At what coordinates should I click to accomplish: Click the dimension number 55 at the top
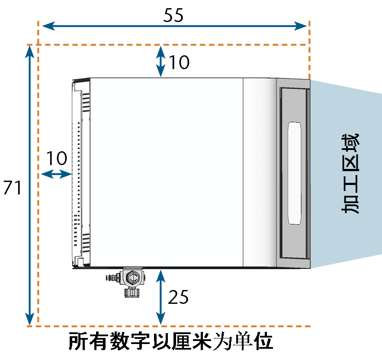point(173,15)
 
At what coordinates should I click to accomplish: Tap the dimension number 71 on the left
point(13,188)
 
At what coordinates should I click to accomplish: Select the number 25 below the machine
point(178,297)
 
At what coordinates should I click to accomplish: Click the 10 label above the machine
point(179,62)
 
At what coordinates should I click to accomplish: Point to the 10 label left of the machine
point(57,158)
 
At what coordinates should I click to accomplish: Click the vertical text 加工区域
point(350,173)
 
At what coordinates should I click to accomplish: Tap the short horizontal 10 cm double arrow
point(56,174)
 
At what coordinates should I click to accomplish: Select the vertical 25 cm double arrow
point(161,297)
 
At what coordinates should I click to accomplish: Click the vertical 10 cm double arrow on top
point(161,61)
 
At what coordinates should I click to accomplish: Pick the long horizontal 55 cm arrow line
point(174,26)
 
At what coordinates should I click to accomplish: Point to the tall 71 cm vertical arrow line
point(29,185)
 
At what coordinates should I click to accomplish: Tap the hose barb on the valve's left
point(112,277)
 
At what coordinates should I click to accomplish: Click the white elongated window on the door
point(295,173)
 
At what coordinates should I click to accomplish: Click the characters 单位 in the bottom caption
point(253,341)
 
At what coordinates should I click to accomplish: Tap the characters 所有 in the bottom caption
point(89,341)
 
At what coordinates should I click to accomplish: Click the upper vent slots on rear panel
point(86,102)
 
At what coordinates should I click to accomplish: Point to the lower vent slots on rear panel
point(86,243)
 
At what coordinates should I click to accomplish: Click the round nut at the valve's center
point(133,277)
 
